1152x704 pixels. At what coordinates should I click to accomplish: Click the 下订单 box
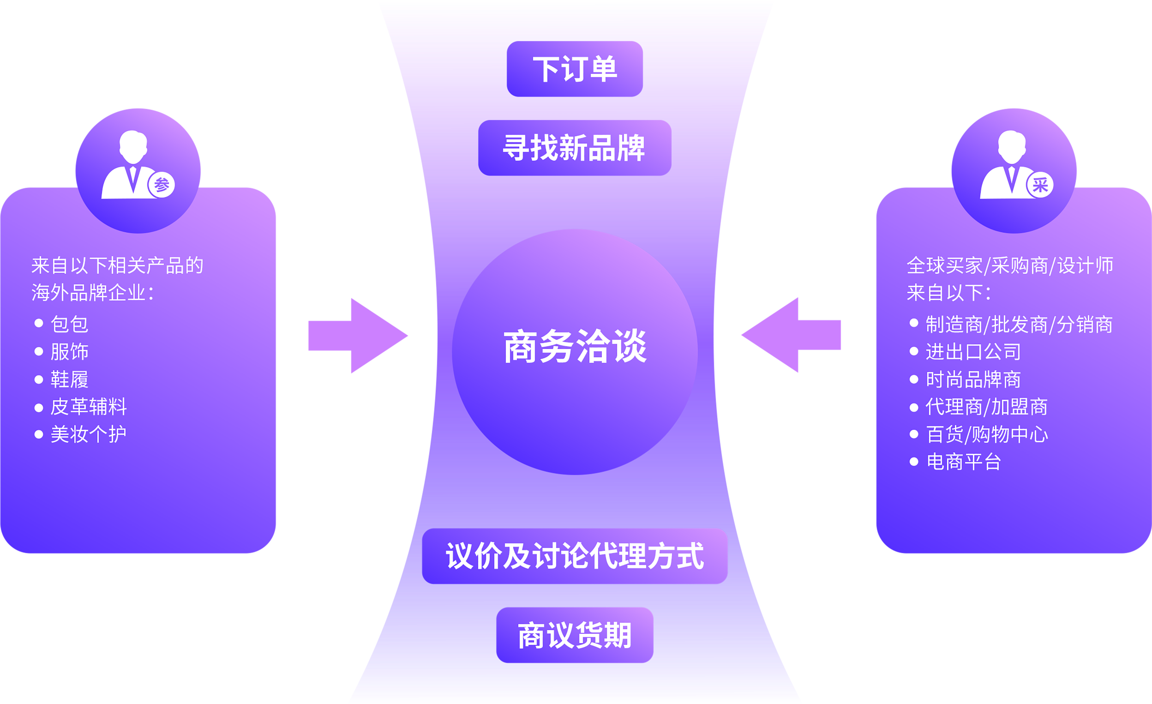point(575,69)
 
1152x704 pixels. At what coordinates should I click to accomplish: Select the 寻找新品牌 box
point(575,148)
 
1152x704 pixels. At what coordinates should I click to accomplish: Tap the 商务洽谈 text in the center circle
point(575,347)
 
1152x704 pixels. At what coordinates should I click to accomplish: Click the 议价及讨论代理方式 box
point(575,556)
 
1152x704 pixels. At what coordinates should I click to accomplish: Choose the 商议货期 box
point(575,635)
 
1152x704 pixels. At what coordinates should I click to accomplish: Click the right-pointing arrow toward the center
point(358,336)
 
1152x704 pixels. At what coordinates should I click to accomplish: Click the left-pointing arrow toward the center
point(791,335)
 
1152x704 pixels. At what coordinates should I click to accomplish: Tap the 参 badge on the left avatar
point(162,185)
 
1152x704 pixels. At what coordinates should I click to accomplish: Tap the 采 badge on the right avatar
point(1040,185)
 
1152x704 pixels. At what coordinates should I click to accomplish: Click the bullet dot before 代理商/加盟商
point(914,408)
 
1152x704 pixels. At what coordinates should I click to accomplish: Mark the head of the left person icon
point(133,147)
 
